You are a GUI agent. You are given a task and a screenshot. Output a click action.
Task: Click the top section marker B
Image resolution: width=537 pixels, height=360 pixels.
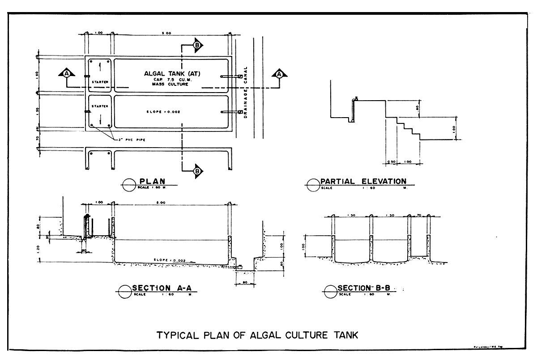(197, 44)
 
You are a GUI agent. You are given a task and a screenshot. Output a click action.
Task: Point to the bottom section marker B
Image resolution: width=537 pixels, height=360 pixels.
(197, 170)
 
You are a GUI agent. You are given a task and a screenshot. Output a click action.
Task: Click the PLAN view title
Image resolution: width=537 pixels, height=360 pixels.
(152, 181)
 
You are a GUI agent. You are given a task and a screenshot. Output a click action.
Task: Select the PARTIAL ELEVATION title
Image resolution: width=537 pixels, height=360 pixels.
(363, 181)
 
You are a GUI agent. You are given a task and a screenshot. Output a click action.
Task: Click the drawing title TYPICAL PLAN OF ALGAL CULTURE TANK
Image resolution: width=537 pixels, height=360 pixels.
(257, 335)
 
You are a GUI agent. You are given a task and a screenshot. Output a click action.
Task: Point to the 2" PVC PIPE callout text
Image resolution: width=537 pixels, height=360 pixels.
(132, 140)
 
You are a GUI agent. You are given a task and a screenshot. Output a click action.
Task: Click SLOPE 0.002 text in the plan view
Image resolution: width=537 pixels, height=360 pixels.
(163, 111)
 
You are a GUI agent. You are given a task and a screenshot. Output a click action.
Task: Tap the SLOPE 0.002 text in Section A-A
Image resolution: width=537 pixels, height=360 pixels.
(169, 260)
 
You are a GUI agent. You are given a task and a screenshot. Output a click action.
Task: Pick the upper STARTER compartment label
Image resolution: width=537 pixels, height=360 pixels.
(100, 82)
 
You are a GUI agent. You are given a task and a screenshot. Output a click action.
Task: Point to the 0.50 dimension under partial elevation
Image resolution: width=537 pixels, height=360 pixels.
(391, 162)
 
